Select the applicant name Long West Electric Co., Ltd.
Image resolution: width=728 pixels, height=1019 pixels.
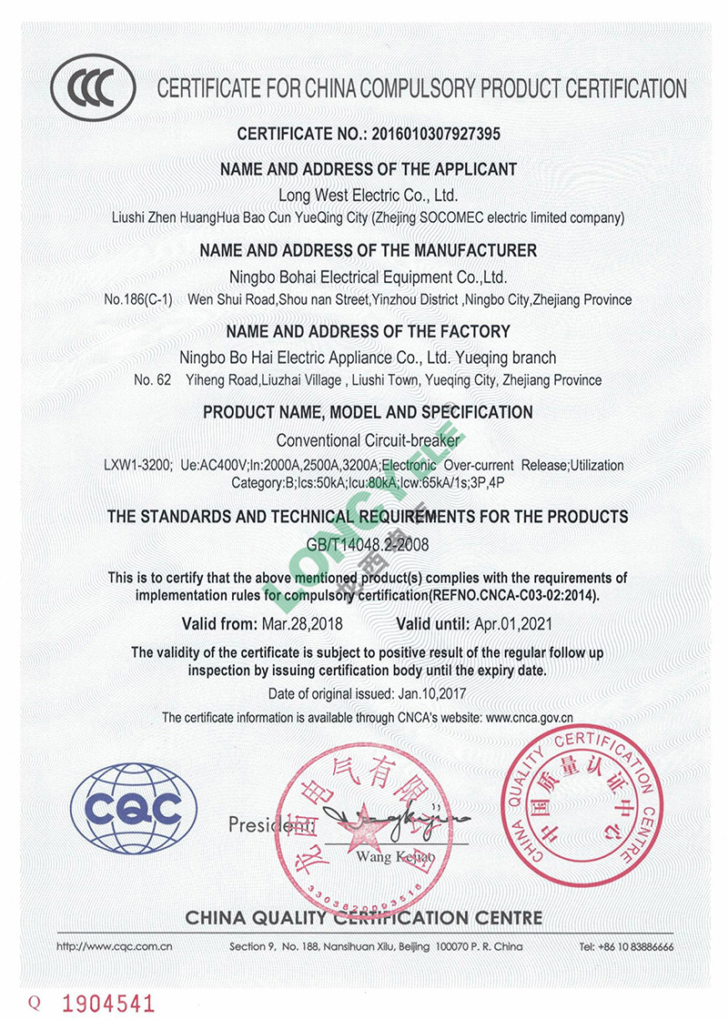368,195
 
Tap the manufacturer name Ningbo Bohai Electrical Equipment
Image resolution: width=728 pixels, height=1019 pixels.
368,277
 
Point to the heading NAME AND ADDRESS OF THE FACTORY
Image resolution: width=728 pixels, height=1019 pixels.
368,331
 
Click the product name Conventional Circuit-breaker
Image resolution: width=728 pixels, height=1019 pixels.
368,440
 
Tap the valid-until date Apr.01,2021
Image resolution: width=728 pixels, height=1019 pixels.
512,625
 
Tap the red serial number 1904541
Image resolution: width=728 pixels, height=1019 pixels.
108,1002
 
